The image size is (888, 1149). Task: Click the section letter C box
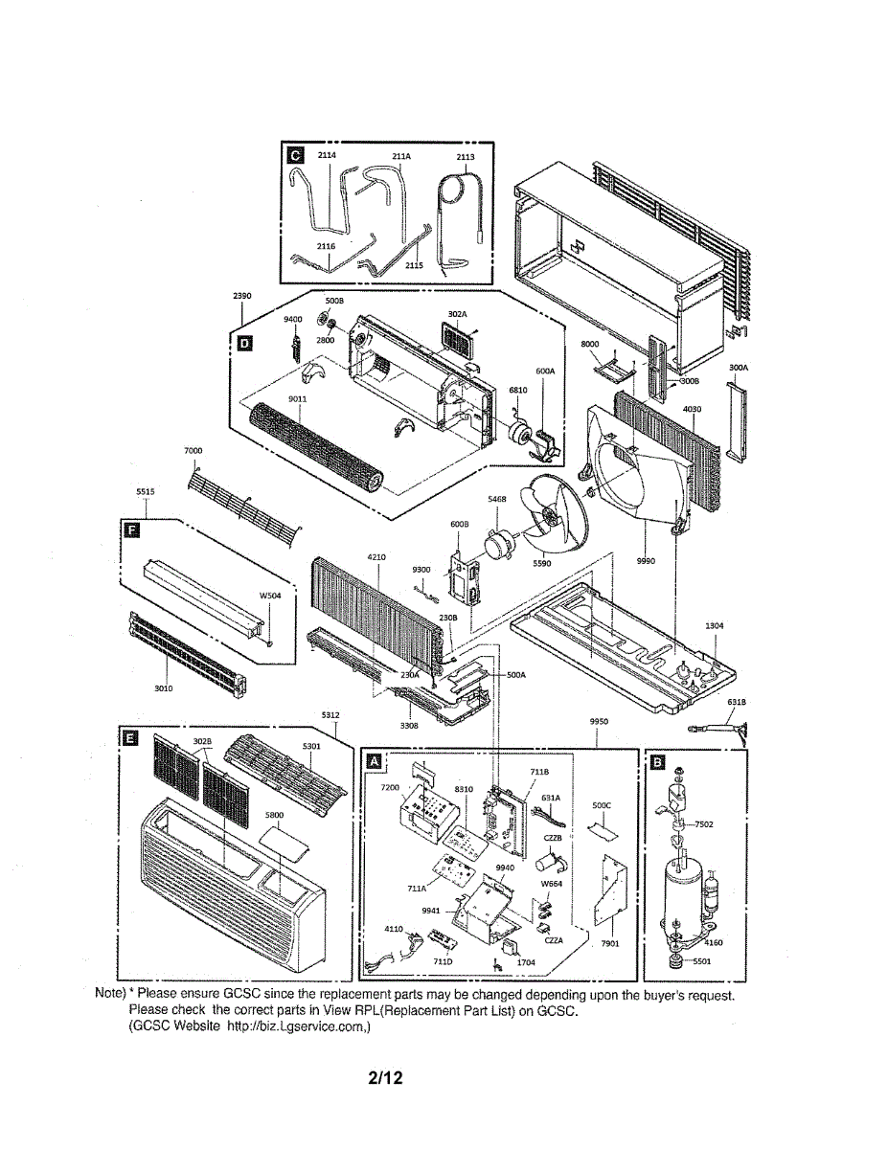click(294, 154)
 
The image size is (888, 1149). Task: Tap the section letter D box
click(243, 345)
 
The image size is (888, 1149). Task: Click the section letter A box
click(376, 761)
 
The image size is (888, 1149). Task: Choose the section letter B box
click(656, 761)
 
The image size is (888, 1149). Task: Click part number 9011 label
click(297, 399)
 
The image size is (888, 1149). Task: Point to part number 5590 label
click(542, 563)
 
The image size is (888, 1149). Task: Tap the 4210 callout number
click(376, 557)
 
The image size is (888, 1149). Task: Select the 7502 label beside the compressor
click(704, 823)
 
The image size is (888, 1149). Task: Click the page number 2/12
click(385, 1079)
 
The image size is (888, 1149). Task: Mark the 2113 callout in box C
click(466, 156)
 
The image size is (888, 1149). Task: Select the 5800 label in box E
click(275, 815)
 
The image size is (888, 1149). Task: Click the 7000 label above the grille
click(193, 450)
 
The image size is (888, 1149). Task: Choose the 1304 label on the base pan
click(714, 625)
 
